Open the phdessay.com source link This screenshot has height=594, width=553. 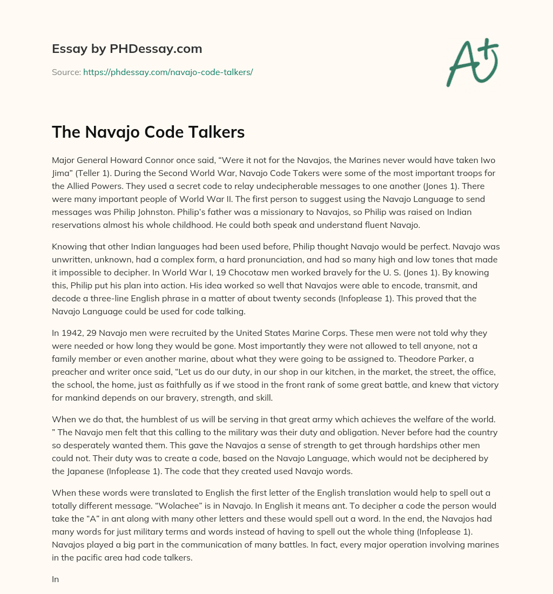(168, 72)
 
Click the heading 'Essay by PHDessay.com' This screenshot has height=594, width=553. (127, 49)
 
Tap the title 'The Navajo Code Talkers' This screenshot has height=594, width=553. (148, 132)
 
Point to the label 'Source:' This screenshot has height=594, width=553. (66, 72)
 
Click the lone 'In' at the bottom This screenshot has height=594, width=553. (55, 579)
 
